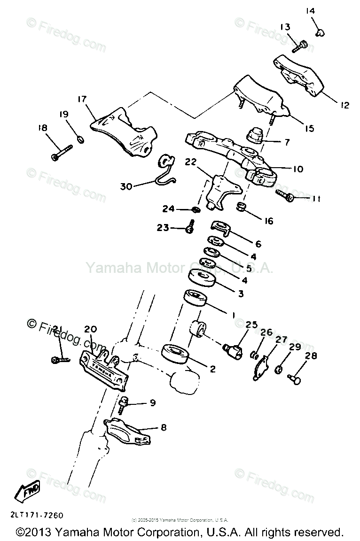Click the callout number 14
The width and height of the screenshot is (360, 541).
coord(323,11)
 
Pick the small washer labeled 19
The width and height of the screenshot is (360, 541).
coord(80,139)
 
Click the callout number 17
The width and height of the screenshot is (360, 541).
coord(82,99)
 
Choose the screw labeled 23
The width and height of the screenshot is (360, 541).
coord(190,227)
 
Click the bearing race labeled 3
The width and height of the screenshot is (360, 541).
coord(202,278)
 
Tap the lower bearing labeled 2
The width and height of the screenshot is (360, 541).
coord(175,354)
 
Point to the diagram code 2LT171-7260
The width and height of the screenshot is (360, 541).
coord(33,515)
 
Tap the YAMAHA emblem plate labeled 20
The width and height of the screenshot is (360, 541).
coord(104,370)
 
